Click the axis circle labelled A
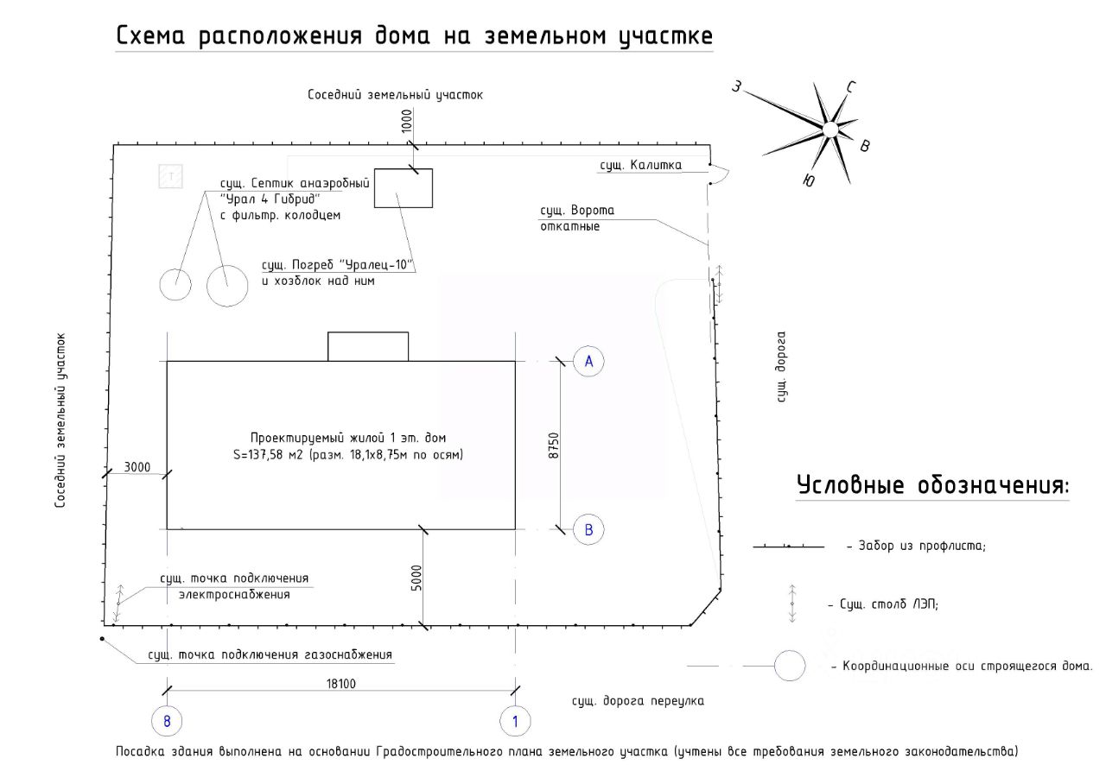pyautogui.click(x=588, y=362)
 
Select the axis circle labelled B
pyautogui.click(x=588, y=529)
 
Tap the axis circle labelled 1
pyautogui.click(x=516, y=721)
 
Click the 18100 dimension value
pyautogui.click(x=341, y=684)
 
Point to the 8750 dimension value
pyautogui.click(x=554, y=445)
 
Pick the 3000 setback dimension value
pyautogui.click(x=137, y=467)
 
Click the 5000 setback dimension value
pyautogui.click(x=416, y=578)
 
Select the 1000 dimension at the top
pyautogui.click(x=407, y=121)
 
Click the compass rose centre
pyautogui.click(x=829, y=130)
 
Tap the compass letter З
pyautogui.click(x=736, y=86)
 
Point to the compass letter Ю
pyautogui.click(x=808, y=180)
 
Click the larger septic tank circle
pyautogui.click(x=228, y=285)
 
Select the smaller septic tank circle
pyautogui.click(x=176, y=283)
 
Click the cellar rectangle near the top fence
pyautogui.click(x=403, y=188)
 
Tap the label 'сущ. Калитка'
pyautogui.click(x=642, y=165)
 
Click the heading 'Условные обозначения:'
pyautogui.click(x=932, y=485)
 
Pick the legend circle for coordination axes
pyautogui.click(x=789, y=667)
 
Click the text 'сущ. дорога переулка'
pyautogui.click(x=638, y=701)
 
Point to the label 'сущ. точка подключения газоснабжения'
pyautogui.click(x=270, y=655)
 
